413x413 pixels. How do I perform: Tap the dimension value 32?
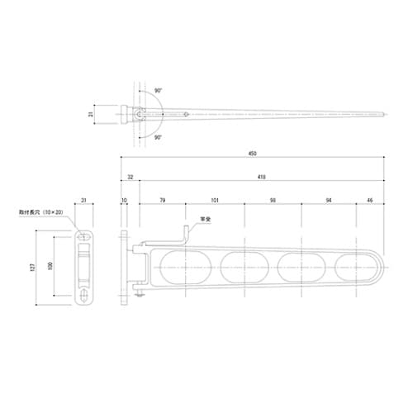[x=130, y=176]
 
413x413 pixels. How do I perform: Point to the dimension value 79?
[x=162, y=199]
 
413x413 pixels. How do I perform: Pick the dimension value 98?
[x=274, y=199]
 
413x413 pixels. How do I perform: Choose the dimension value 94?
[x=330, y=199]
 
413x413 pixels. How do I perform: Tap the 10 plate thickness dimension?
[x=124, y=199]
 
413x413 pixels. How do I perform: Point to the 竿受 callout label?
[x=206, y=220]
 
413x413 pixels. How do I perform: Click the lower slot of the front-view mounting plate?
[x=83, y=295]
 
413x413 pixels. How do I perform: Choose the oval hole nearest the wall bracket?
[x=182, y=266]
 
